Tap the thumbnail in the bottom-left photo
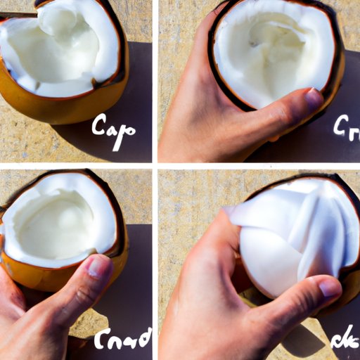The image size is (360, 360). click(97, 265)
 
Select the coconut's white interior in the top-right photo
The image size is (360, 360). click(274, 49)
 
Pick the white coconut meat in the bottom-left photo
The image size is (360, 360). click(56, 225)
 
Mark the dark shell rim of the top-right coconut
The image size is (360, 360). click(338, 77)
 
